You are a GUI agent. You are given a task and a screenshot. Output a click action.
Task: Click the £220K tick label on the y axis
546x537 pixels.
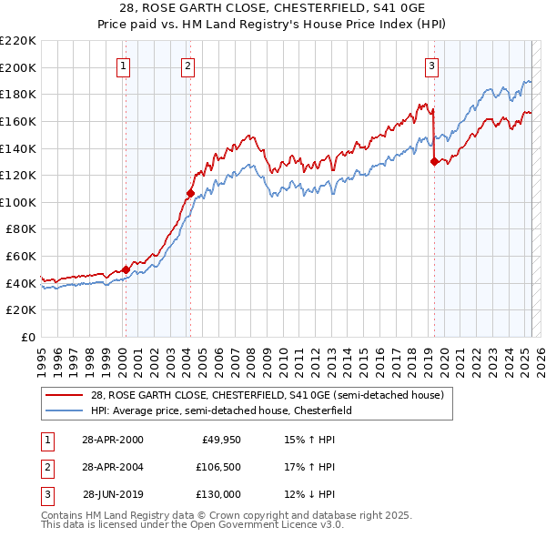pyautogui.click(x=19, y=41)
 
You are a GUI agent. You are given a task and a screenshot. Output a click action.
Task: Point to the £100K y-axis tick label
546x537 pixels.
pyautogui.click(x=19, y=202)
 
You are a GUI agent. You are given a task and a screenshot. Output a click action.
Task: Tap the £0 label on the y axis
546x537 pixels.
pyautogui.click(x=29, y=337)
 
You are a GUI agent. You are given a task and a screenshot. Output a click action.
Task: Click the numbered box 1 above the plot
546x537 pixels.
pyautogui.click(x=123, y=66)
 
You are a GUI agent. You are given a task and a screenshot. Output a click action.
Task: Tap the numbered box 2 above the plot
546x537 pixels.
pyautogui.click(x=187, y=66)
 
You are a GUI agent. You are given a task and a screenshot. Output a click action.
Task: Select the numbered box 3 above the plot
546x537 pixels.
pyautogui.click(x=431, y=66)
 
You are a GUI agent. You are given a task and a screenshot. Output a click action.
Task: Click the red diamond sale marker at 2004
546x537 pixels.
pyautogui.click(x=189, y=193)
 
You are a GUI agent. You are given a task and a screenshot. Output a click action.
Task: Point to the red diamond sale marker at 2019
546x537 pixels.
pyautogui.click(x=434, y=162)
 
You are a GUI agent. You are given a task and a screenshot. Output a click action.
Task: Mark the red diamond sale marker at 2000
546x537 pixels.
pyautogui.click(x=126, y=269)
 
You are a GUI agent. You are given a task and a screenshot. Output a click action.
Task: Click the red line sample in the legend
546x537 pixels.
pyautogui.click(x=65, y=396)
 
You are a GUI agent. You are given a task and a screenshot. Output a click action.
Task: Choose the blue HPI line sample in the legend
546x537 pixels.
pyautogui.click(x=65, y=410)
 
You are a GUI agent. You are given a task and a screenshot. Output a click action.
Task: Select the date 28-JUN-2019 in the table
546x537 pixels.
pyautogui.click(x=113, y=494)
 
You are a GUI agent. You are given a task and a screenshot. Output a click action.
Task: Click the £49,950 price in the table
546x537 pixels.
pyautogui.click(x=220, y=440)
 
